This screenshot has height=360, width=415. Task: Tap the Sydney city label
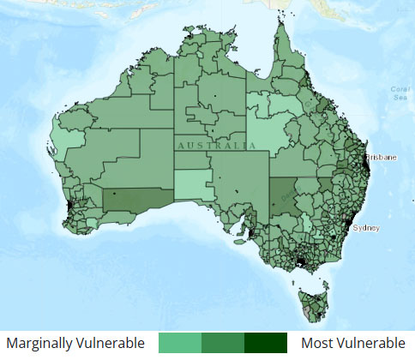pyautogui.click(x=366, y=228)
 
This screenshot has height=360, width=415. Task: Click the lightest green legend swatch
pyautogui.click(x=180, y=343)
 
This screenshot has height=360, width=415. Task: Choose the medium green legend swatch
pyautogui.click(x=223, y=343)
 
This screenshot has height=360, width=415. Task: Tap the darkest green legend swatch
pyautogui.click(x=266, y=343)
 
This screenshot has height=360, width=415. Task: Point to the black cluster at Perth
pyautogui.click(x=68, y=208)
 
